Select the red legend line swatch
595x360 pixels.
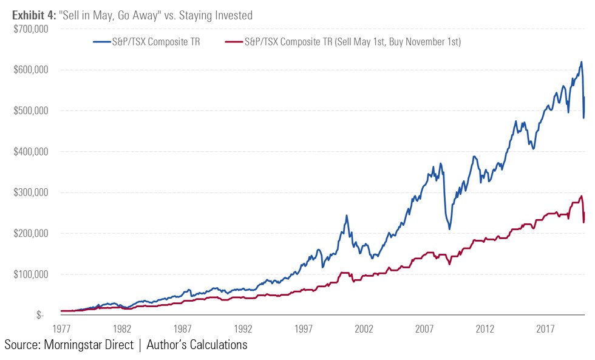[233, 42]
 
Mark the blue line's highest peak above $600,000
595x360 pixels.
[581, 61]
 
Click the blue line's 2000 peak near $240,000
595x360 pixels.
[347, 216]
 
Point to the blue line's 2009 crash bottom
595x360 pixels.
[449, 229]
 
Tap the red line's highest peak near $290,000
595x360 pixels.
[581, 196]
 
